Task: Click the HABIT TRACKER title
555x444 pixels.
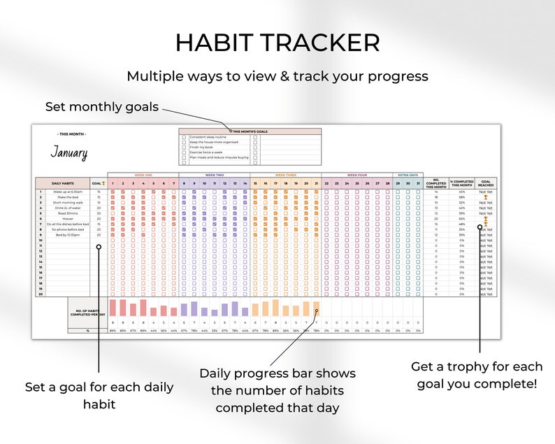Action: (x=277, y=43)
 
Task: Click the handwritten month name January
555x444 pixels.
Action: (x=69, y=152)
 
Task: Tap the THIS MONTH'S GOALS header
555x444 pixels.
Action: (x=250, y=131)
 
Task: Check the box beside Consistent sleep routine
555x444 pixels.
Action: (x=184, y=137)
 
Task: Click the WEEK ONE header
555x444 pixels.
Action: (x=143, y=175)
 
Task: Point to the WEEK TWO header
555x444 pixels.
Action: (x=215, y=175)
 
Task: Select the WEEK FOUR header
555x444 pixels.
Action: (x=356, y=175)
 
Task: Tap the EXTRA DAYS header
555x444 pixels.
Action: (x=408, y=175)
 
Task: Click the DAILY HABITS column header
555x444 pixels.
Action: (x=63, y=183)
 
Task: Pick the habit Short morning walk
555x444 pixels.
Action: (x=67, y=202)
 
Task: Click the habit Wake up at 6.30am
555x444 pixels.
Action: (x=67, y=192)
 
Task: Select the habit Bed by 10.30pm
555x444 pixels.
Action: (x=67, y=235)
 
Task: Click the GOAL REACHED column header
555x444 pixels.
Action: (x=486, y=183)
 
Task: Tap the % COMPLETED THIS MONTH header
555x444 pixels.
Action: (x=461, y=183)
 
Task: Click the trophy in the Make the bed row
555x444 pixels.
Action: (x=486, y=197)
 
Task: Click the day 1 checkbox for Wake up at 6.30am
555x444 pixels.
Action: (x=113, y=192)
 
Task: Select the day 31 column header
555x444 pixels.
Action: (x=418, y=183)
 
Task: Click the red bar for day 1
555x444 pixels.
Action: (x=113, y=308)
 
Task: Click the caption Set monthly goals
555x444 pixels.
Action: (x=102, y=107)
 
